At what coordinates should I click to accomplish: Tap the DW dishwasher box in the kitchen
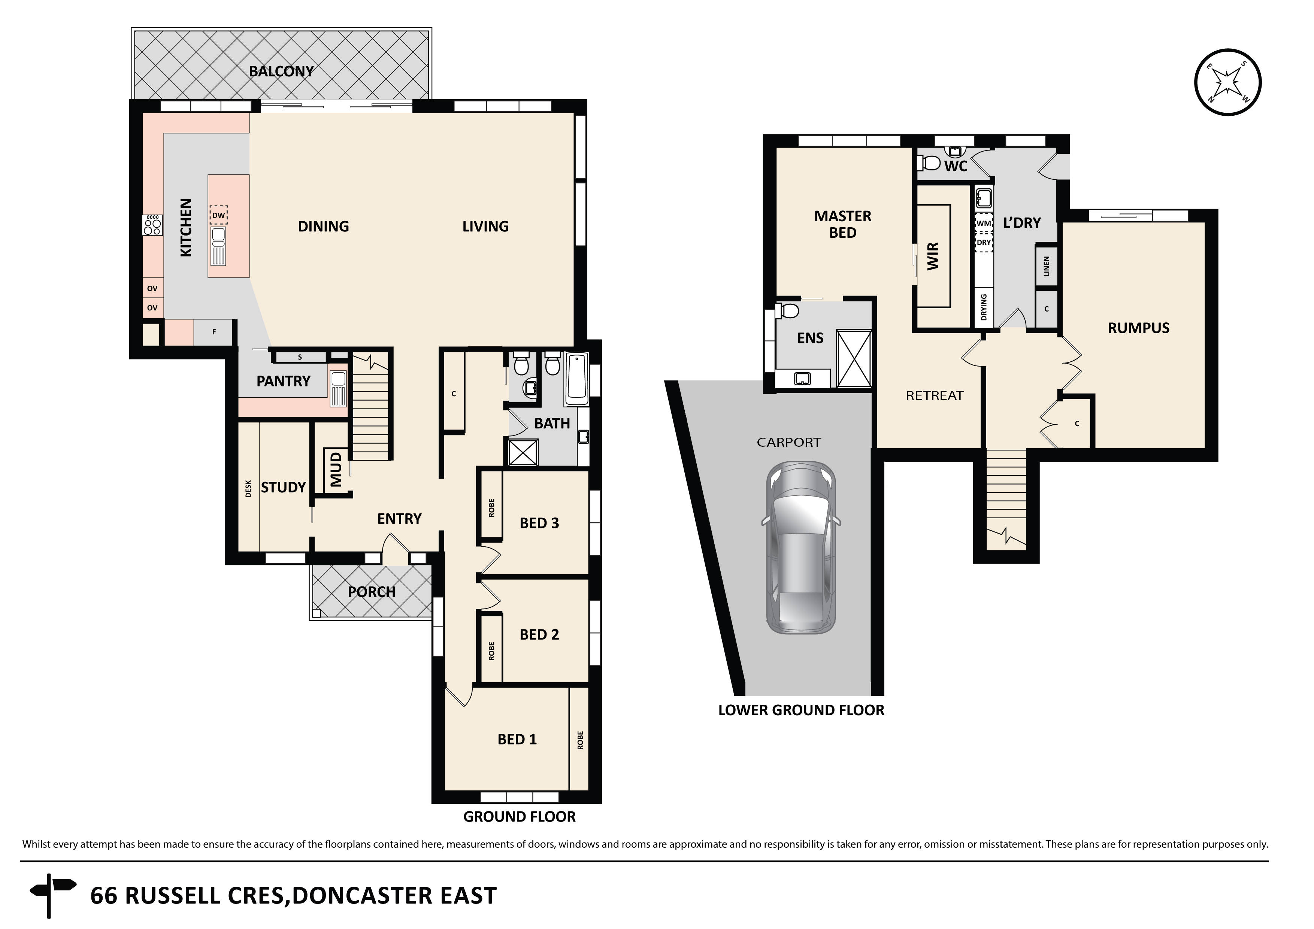pyautogui.click(x=219, y=215)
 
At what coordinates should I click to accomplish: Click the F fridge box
pyautogui.click(x=214, y=332)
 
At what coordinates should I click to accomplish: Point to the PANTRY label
pyautogui.click(x=283, y=381)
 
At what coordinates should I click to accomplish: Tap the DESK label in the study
pyautogui.click(x=248, y=488)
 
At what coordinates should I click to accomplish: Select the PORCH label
pyautogui.click(x=372, y=592)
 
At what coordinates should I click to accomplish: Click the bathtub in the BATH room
pyautogui.click(x=576, y=377)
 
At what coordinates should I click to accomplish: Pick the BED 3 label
pyautogui.click(x=539, y=523)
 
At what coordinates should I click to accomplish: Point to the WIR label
pyautogui.click(x=933, y=256)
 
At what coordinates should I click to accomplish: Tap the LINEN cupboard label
pyautogui.click(x=1047, y=266)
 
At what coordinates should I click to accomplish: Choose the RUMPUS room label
pyautogui.click(x=1138, y=328)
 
